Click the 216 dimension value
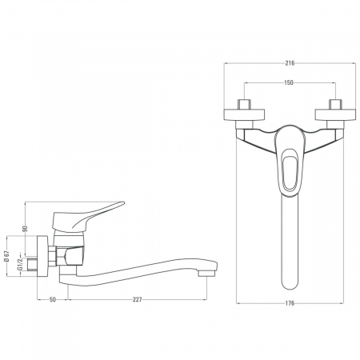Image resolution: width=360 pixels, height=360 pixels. click(290, 63)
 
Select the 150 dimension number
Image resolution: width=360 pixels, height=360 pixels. click(289, 82)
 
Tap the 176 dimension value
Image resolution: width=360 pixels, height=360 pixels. click(290, 303)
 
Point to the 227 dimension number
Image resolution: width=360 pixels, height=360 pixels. click(138, 299)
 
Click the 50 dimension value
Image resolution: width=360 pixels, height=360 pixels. click(53, 299)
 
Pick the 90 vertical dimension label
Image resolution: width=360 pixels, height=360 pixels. click(25, 229)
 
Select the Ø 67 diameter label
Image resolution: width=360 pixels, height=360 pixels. click(7, 256)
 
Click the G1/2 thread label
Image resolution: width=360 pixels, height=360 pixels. click(19, 265)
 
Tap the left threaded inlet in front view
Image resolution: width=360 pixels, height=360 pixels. click(244, 104)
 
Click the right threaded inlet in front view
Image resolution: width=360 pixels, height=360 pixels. click(335, 104)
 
